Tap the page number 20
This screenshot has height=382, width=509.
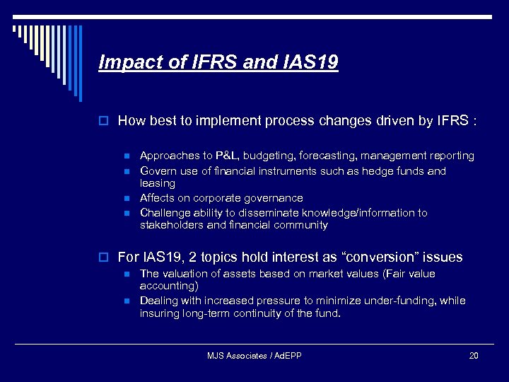(x=473, y=356)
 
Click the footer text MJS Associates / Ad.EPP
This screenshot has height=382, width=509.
(x=254, y=356)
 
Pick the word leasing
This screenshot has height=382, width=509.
(x=157, y=183)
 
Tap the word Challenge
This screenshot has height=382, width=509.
(x=165, y=213)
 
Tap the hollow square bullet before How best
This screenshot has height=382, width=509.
(x=104, y=122)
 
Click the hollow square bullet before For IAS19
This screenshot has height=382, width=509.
(x=104, y=257)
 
